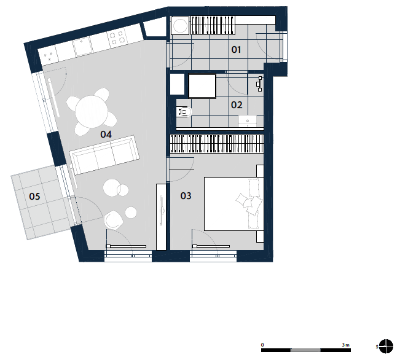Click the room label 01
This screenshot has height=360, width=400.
coord(236,50)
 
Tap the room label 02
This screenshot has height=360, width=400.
coord(236,105)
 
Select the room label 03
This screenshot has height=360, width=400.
coord(186,196)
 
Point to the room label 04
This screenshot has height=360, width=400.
coord(106,134)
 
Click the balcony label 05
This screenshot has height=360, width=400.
coord(34,196)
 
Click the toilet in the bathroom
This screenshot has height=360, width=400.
coord(184,112)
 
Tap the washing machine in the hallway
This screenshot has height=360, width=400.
coord(180,25)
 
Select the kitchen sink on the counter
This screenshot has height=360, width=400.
coord(82,46)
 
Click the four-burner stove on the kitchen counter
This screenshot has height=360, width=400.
coord(118,37)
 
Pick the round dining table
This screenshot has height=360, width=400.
coord(92,111)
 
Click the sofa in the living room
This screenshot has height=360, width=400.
coord(104,155)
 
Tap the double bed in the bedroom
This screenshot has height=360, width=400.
coord(233,203)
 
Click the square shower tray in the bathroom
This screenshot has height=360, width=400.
coord(202,86)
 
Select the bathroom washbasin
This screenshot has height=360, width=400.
coord(248,121)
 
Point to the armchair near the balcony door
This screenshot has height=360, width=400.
coord(114,219)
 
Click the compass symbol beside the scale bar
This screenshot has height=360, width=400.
coord(386,346)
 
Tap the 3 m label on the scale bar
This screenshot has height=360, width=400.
coord(346,345)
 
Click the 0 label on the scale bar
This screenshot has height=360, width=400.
coord(262,345)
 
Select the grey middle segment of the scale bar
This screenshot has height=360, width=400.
coord(305,350)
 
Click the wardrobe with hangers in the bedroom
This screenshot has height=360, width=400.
coord(217,144)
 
